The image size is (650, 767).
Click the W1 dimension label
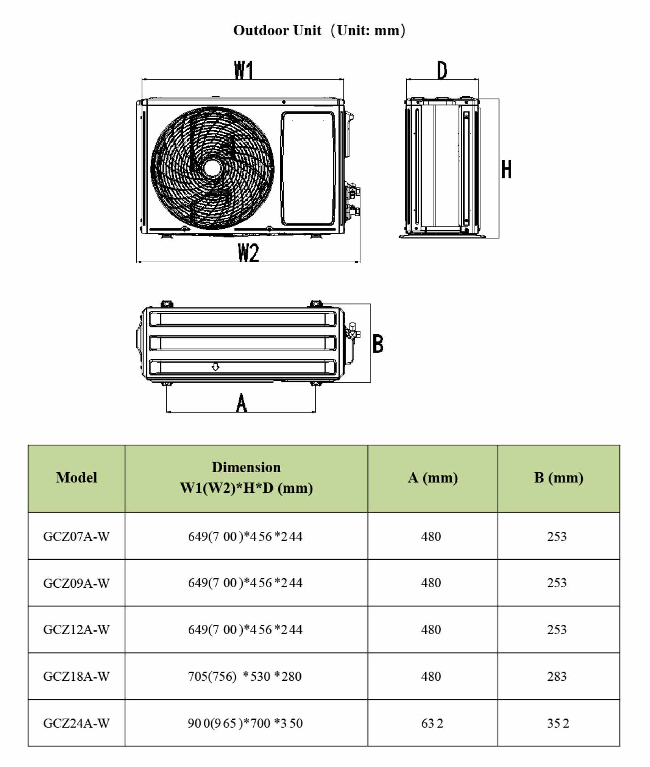click(x=243, y=70)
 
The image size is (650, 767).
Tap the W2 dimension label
click(x=248, y=253)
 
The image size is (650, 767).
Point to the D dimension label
click(x=442, y=70)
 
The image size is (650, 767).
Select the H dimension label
click(x=506, y=169)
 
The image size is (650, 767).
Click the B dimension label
click(x=378, y=343)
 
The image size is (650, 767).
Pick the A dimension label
click(x=241, y=403)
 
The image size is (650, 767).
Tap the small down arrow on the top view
click(x=215, y=366)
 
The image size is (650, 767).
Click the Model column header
click(x=77, y=478)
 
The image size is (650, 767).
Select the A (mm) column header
click(x=433, y=478)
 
